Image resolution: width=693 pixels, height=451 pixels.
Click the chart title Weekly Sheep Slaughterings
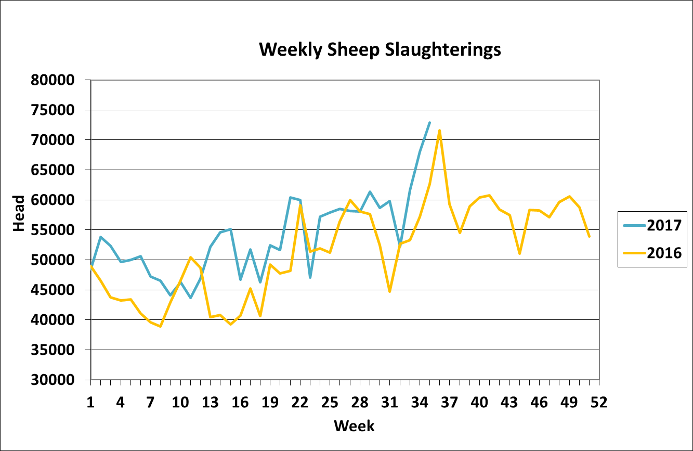point(380,49)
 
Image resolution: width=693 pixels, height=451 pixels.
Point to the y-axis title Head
point(19,213)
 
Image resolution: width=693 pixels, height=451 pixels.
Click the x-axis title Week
point(354,426)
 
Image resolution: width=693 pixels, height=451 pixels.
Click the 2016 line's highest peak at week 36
point(439,131)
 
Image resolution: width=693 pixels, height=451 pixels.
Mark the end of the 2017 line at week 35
point(429,123)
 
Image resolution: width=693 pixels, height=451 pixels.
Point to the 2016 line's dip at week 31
point(389,291)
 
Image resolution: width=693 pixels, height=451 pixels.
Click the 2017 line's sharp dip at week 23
point(310,277)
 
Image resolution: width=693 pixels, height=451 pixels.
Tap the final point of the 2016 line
point(589,237)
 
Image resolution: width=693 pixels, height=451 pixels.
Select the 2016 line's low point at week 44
point(519,253)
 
